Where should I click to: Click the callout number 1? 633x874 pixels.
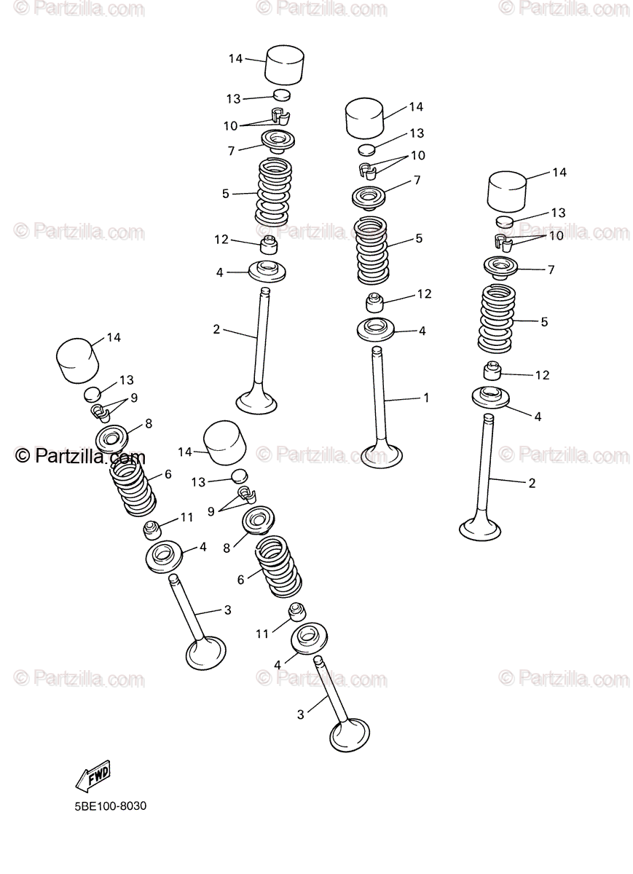(x=425, y=398)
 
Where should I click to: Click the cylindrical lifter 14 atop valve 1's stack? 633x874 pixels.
(x=364, y=118)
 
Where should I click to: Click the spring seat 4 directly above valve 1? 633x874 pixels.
(x=377, y=328)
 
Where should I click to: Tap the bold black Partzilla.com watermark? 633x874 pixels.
(x=80, y=457)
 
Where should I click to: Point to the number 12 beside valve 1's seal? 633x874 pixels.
(x=424, y=294)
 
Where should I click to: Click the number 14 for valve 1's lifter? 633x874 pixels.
(x=415, y=107)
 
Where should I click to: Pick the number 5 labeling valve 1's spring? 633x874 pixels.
(x=419, y=238)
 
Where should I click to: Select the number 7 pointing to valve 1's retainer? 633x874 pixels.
(x=417, y=180)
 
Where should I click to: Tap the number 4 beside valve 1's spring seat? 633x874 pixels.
(x=422, y=331)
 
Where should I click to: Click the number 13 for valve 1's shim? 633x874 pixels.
(x=417, y=133)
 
